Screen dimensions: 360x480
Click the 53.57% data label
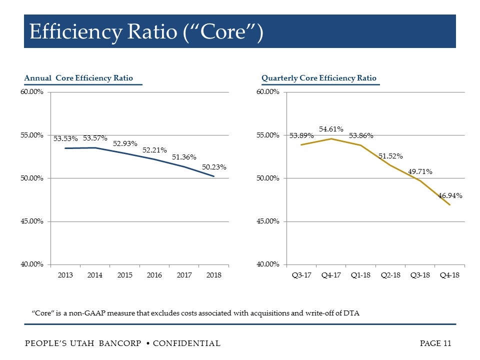tap(95, 138)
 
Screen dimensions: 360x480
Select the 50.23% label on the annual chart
tap(214, 167)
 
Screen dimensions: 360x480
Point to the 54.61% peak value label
tap(331, 129)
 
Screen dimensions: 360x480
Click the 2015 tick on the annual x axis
tap(125, 275)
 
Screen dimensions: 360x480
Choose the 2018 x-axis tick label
tap(214, 275)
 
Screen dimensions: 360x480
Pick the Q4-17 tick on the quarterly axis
tap(331, 275)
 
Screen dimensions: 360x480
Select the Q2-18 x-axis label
tap(390, 275)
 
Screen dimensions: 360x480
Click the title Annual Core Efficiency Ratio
tap(79, 78)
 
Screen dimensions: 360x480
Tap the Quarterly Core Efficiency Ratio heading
tap(319, 78)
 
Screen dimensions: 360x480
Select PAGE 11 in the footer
tap(435, 343)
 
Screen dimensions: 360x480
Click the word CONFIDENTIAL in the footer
tap(186, 343)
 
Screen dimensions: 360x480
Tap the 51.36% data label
tap(184, 157)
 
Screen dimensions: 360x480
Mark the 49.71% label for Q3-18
tap(420, 171)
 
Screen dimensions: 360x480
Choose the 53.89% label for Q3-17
tap(301, 135)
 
